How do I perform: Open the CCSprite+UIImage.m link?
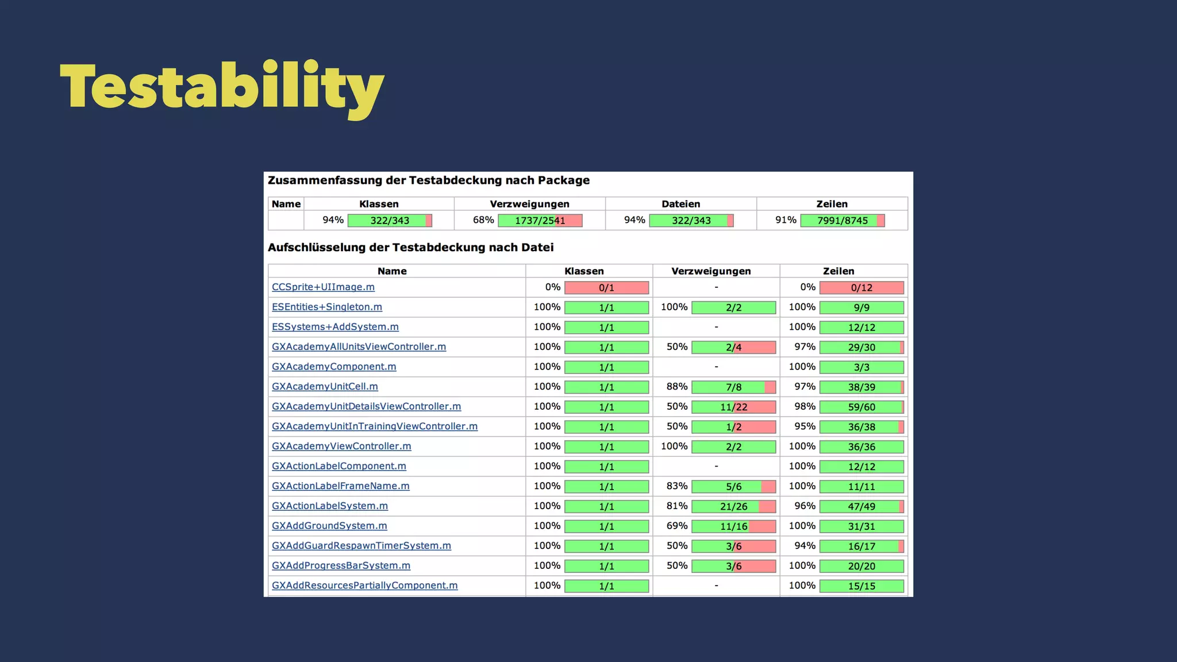click(x=323, y=287)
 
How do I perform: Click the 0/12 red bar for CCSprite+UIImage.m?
click(x=861, y=288)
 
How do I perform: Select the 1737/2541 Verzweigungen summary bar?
click(x=540, y=221)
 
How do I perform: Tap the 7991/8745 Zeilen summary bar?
click(x=842, y=221)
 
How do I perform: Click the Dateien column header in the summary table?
click(x=680, y=204)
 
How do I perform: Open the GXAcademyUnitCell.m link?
click(x=325, y=386)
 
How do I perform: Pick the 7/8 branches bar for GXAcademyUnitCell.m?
click(x=733, y=387)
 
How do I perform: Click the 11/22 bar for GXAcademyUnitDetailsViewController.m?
click(x=733, y=407)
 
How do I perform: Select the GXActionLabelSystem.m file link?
click(x=330, y=506)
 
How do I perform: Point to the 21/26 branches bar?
click(x=733, y=507)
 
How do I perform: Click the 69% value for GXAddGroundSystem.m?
click(x=676, y=526)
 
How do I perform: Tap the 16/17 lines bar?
click(x=861, y=546)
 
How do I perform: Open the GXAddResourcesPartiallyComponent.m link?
click(x=364, y=586)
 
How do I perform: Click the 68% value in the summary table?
click(x=483, y=220)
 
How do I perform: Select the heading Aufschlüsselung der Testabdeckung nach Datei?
click(x=410, y=248)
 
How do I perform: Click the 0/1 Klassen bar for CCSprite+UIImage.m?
click(x=606, y=288)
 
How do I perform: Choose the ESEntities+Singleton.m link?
click(x=327, y=307)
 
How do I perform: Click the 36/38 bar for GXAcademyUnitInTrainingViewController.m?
click(x=861, y=427)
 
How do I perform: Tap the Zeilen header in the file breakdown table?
click(x=838, y=271)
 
